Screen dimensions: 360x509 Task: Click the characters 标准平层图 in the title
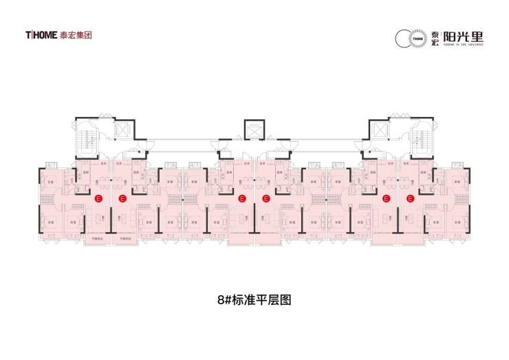pyautogui.click(x=264, y=300)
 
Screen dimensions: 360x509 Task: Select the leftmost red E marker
pyautogui.click(x=98, y=199)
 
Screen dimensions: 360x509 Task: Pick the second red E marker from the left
pyautogui.click(x=122, y=199)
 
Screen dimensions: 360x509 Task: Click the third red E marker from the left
pyautogui.click(x=241, y=199)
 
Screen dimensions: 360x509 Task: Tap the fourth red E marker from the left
pyautogui.click(x=266, y=199)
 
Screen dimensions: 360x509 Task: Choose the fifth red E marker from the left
pyautogui.click(x=386, y=199)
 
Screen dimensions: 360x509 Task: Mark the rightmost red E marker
pyautogui.click(x=410, y=199)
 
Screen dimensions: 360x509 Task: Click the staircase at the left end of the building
pyautogui.click(x=87, y=137)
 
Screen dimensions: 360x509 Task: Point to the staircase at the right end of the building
pyautogui.click(x=421, y=137)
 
